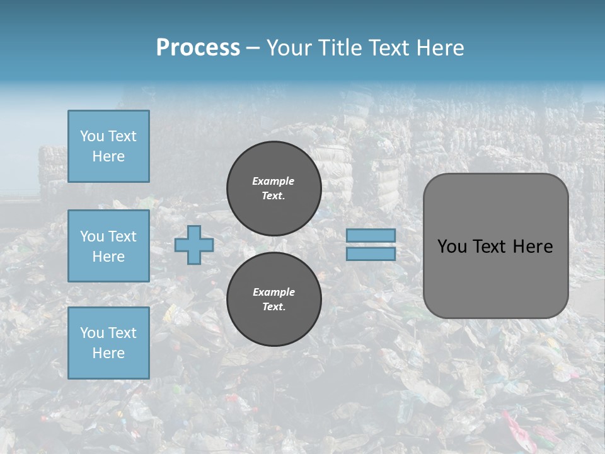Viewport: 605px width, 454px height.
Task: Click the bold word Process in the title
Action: [x=198, y=48]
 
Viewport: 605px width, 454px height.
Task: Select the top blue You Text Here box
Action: [x=108, y=146]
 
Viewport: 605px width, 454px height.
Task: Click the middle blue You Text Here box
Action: [x=108, y=246]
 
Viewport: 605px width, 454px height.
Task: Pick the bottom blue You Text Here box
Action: [x=108, y=343]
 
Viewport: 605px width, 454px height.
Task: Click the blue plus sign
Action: [x=194, y=245]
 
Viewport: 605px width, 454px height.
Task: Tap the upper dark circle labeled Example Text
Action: [x=274, y=188]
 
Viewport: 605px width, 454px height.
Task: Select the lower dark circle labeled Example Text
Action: [x=274, y=299]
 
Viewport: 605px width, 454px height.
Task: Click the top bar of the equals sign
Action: [x=371, y=235]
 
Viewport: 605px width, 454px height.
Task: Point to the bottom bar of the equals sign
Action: [x=371, y=253]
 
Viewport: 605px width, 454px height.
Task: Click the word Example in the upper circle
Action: [x=274, y=181]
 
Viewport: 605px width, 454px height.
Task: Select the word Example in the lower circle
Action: [x=274, y=292]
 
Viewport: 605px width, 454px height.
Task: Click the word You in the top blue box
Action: [x=91, y=136]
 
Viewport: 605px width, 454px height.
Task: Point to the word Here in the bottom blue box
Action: [x=108, y=353]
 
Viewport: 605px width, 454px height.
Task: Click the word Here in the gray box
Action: [x=533, y=247]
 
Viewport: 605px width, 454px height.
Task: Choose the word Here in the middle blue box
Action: [x=108, y=257]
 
